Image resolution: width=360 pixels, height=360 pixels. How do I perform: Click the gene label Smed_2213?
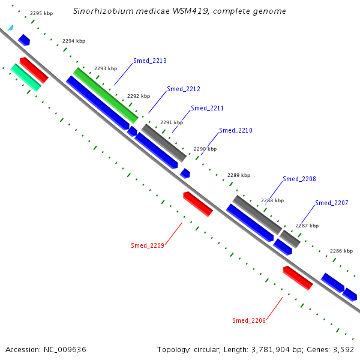(x=150, y=61)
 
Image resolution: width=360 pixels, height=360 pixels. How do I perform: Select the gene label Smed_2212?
(x=184, y=89)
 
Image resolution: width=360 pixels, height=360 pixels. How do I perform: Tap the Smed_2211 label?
(x=208, y=108)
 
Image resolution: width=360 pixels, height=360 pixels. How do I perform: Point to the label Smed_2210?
(x=236, y=130)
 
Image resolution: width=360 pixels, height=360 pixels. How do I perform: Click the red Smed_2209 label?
(x=148, y=245)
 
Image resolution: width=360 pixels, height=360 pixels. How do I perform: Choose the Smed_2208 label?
(x=299, y=179)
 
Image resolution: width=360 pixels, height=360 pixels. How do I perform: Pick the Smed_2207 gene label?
(x=332, y=203)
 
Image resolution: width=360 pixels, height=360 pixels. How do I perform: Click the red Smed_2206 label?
(x=249, y=320)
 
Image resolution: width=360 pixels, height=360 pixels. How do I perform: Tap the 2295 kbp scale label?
(x=41, y=13)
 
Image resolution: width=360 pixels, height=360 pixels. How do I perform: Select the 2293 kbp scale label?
(x=106, y=68)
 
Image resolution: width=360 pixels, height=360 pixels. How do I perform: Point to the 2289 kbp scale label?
(x=239, y=175)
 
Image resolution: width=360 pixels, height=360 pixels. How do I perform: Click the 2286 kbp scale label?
(x=341, y=251)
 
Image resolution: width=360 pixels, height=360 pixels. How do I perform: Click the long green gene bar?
(x=106, y=95)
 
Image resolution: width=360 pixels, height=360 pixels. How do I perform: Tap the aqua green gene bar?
(x=26, y=77)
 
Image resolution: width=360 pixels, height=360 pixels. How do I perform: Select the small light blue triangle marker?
(x=11, y=28)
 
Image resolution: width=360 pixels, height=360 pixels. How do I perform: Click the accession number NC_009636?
(x=65, y=350)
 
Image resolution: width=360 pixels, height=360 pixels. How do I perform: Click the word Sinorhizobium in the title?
(x=103, y=11)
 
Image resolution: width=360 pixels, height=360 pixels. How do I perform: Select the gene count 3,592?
(x=343, y=350)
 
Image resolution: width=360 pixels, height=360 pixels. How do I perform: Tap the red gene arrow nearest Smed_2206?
(x=298, y=278)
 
